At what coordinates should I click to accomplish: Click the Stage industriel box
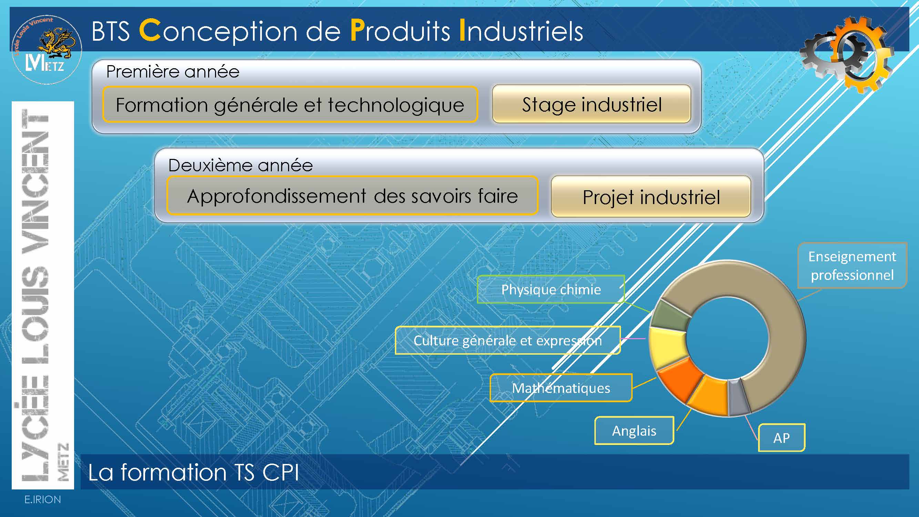592,104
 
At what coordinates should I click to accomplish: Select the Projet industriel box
651,196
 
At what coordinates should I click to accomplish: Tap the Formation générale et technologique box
290,104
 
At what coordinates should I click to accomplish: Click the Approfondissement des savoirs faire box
352,195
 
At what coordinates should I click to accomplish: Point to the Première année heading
173,72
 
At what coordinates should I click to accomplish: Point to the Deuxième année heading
241,165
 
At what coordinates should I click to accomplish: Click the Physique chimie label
551,290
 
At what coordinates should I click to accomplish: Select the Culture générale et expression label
508,341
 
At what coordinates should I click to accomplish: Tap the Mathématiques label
561,388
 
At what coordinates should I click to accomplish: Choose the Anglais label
634,430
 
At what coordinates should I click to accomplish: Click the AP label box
781,438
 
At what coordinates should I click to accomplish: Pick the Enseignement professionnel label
852,265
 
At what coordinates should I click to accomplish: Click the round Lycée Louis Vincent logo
47,49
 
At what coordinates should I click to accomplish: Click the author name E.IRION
42,499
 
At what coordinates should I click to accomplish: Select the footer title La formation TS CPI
193,473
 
